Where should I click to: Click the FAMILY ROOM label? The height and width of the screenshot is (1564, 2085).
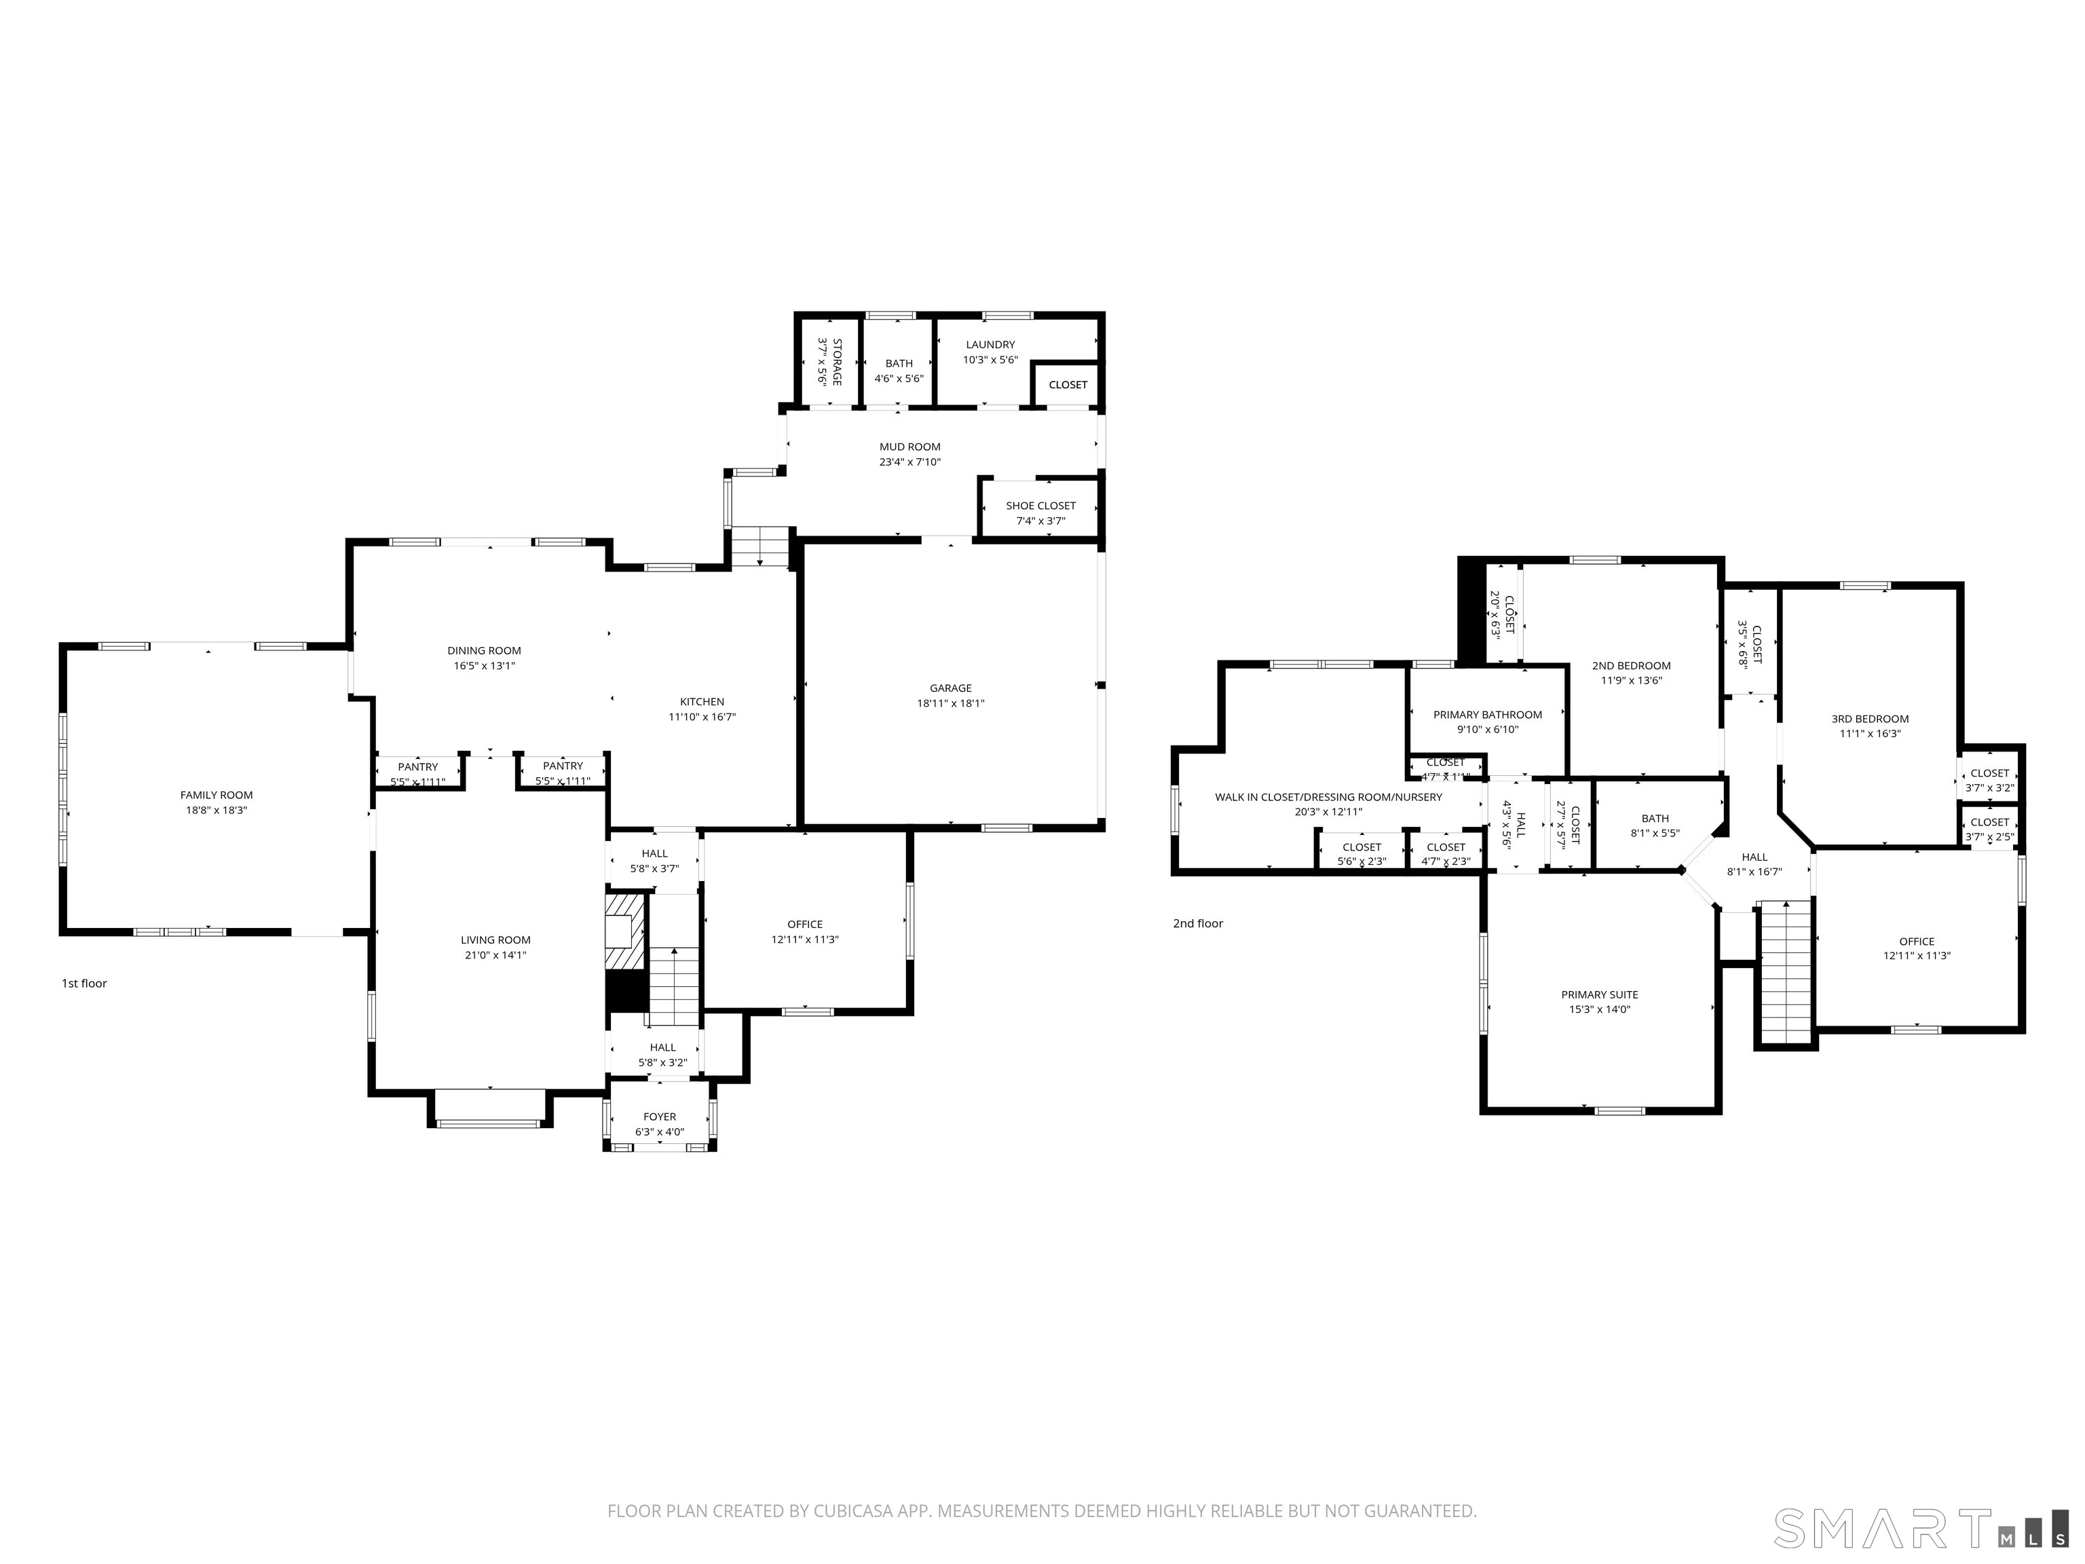(x=216, y=795)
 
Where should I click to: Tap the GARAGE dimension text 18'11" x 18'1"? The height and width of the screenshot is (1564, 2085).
(x=950, y=703)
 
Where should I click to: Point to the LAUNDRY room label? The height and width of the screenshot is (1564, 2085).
(x=990, y=345)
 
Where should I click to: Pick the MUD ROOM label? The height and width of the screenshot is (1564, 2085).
(x=909, y=447)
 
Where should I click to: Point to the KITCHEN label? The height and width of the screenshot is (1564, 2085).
(x=702, y=701)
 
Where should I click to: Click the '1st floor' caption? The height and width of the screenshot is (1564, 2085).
(x=85, y=984)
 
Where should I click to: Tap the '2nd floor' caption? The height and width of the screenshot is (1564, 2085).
(x=1198, y=923)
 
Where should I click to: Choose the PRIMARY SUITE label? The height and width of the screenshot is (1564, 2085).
(x=1600, y=994)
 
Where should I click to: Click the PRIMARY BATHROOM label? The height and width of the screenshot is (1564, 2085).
(x=1488, y=715)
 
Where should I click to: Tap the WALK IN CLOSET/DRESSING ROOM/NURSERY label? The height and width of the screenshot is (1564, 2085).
(x=1328, y=798)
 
